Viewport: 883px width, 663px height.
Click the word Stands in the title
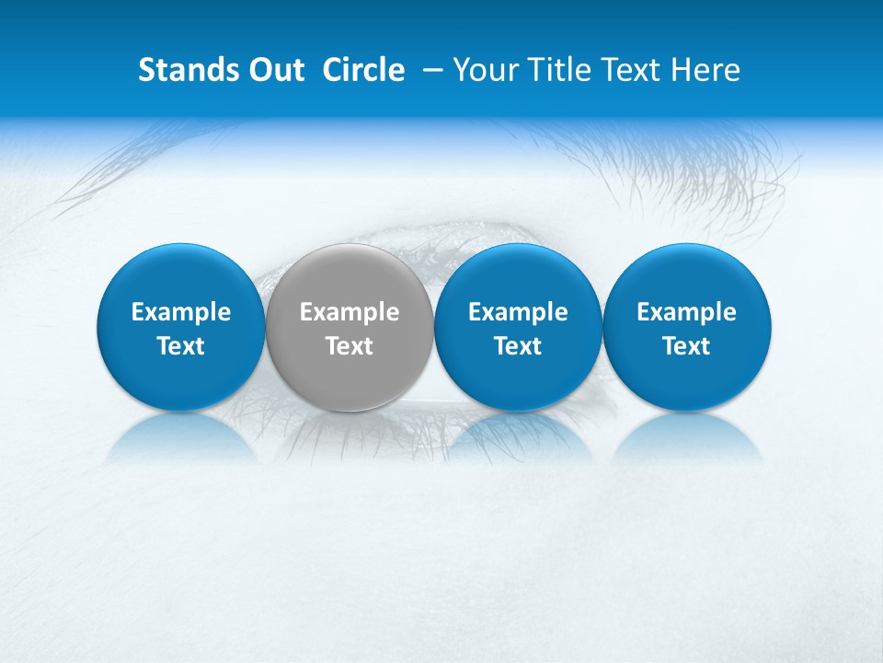click(184, 70)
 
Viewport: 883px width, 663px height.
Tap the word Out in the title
click(273, 70)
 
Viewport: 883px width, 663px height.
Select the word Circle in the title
click(363, 70)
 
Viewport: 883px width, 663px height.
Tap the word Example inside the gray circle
click(350, 313)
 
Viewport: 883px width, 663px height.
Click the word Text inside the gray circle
click(350, 346)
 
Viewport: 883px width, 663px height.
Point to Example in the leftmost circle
click(180, 313)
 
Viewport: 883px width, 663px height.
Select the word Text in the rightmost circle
click(686, 346)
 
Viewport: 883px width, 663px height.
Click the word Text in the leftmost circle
click(180, 346)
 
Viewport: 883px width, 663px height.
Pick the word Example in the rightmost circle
click(686, 313)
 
